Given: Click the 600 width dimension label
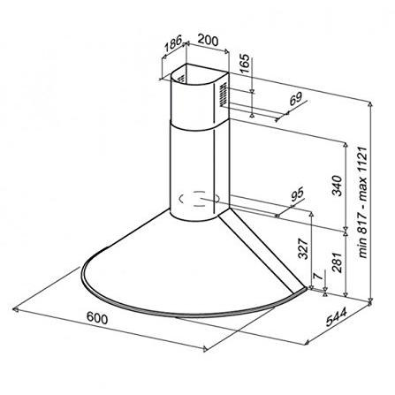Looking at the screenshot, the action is [97, 318].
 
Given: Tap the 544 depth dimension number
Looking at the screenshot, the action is [337, 317].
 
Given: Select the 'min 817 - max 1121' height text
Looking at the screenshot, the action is [363, 203].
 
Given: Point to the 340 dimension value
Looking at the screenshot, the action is [338, 186].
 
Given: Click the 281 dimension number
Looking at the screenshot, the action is [338, 262].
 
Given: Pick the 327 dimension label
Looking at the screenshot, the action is [303, 248].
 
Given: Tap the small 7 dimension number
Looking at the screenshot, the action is [316, 276].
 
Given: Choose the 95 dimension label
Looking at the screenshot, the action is [297, 195].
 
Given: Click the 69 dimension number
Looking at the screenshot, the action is [295, 98].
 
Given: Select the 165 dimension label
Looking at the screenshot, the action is [244, 64].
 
